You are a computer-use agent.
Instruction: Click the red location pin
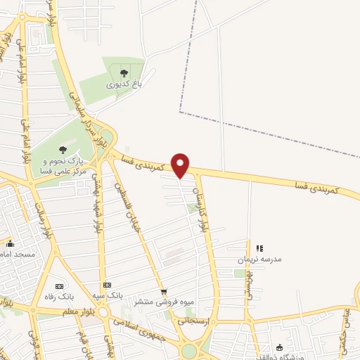tap(181, 165)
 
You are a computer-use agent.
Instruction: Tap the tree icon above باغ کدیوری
tap(124, 72)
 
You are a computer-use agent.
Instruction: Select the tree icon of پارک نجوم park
tap(63, 149)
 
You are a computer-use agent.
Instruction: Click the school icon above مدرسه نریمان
tap(259, 248)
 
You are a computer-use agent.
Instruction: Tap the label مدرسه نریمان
tap(262, 259)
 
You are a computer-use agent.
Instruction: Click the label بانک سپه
tap(111, 296)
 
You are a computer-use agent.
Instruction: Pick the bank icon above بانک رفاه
tap(59, 286)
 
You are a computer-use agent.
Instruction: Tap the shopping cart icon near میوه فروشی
tap(164, 292)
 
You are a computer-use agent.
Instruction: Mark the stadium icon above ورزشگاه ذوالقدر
tap(280, 347)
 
